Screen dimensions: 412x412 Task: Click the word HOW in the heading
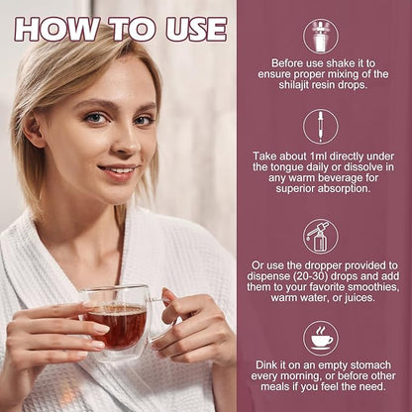pyautogui.click(x=55, y=29)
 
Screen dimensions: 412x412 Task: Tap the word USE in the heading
pyautogui.click(x=196, y=29)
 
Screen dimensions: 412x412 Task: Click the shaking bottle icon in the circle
pyautogui.click(x=321, y=36)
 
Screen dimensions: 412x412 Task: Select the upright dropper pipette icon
pyautogui.click(x=321, y=127)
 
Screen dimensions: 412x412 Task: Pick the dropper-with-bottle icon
pyautogui.click(x=321, y=237)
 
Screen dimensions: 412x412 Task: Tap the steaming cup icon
pyautogui.click(x=321, y=338)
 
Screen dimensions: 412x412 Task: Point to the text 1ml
pyautogui.click(x=318, y=155)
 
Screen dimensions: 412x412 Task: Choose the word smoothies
pyautogui.click(x=373, y=286)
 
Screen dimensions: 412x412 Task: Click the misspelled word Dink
pyautogui.click(x=265, y=364)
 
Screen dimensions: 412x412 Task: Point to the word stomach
pyautogui.click(x=370, y=364)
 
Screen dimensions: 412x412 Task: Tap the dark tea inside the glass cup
pyautogui.click(x=116, y=325)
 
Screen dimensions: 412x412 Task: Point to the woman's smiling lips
pyautogui.click(x=118, y=171)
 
